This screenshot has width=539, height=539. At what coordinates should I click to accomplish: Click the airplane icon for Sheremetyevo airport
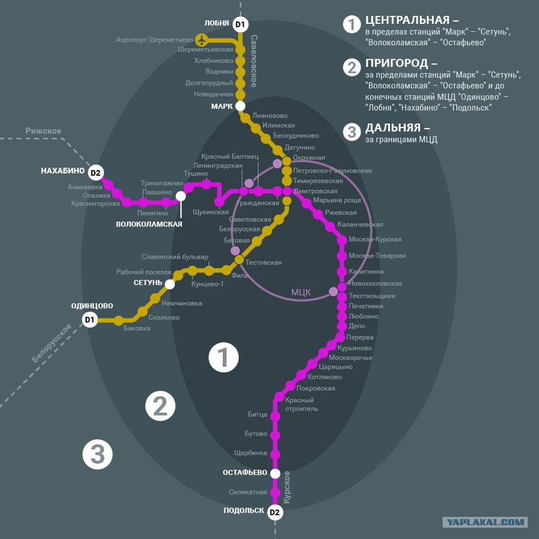[x=201, y=40]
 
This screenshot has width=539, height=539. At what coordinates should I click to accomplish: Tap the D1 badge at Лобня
[x=240, y=24]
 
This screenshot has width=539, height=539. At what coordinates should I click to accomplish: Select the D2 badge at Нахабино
[x=96, y=172]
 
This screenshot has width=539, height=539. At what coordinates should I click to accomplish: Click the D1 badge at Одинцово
[x=90, y=320]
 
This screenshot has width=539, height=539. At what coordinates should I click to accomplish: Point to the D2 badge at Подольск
[x=275, y=512]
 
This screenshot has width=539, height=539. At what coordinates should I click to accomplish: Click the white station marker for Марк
[x=240, y=106]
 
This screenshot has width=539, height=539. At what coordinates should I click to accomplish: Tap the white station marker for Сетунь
[x=170, y=285]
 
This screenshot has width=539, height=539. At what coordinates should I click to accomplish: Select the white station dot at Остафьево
[x=275, y=473]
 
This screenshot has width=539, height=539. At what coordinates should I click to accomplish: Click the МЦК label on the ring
[x=301, y=292]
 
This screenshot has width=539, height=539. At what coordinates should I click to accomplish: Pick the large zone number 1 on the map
[x=223, y=357]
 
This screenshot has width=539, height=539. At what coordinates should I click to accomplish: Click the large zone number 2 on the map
[x=160, y=406]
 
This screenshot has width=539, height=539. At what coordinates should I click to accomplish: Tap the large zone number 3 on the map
[x=97, y=454]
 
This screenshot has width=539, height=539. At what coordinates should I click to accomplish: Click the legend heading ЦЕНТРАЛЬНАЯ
[x=408, y=20]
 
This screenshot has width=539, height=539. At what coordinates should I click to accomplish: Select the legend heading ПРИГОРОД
[x=397, y=63]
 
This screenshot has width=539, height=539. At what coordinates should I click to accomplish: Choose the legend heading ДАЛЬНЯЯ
[x=393, y=128]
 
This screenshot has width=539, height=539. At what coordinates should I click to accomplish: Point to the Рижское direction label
[x=43, y=130]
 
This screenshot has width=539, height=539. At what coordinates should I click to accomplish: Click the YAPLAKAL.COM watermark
[x=485, y=522]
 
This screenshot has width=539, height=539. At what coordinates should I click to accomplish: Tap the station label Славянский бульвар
[x=175, y=257]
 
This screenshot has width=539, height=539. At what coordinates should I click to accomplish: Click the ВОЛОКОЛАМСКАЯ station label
[x=149, y=224]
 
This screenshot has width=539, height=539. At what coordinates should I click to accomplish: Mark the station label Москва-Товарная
[x=377, y=256]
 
